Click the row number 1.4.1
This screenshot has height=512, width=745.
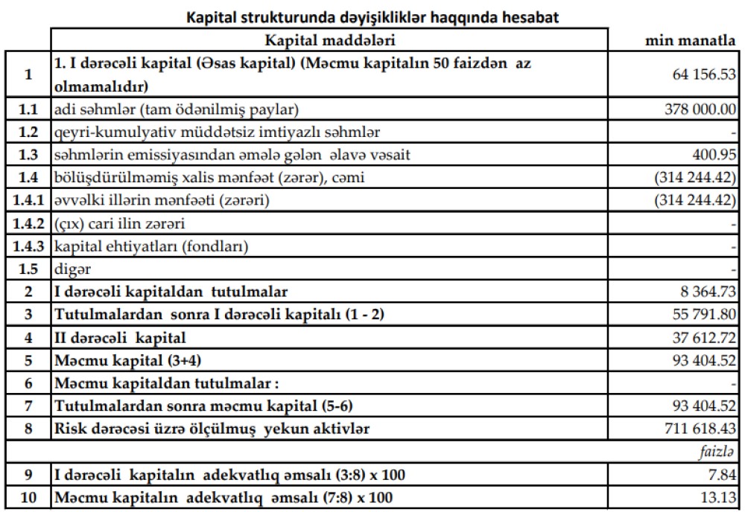(28, 200)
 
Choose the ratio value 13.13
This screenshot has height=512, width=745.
(720, 497)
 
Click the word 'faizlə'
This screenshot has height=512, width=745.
(717, 451)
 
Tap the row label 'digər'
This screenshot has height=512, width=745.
(67, 269)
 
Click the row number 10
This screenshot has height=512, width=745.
(28, 497)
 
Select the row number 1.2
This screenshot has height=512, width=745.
(28, 132)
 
